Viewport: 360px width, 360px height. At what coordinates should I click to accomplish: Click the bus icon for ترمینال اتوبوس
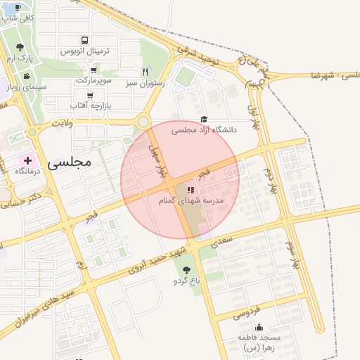[85, 41]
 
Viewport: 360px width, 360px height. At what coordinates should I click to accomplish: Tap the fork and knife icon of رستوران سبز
[146, 71]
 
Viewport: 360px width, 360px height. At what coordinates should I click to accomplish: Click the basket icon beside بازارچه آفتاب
[89, 94]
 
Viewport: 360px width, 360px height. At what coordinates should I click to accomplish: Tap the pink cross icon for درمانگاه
[27, 160]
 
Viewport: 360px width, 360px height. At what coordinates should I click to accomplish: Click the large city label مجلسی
[70, 162]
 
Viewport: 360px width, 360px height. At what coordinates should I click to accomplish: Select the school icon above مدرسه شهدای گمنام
[190, 190]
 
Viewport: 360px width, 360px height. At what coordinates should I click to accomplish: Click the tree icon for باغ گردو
[186, 270]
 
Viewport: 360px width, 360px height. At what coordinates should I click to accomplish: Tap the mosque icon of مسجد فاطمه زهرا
[259, 327]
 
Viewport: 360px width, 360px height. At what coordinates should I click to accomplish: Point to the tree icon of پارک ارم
[19, 46]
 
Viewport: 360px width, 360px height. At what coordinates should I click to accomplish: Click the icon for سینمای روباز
[27, 76]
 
